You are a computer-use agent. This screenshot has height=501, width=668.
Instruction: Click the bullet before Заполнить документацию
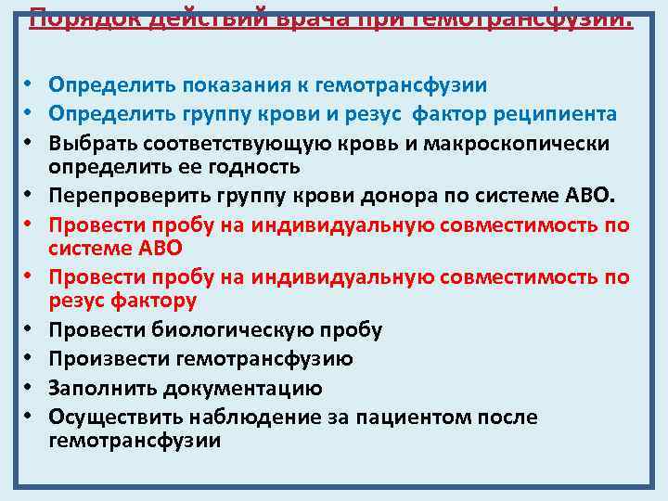tap(30, 388)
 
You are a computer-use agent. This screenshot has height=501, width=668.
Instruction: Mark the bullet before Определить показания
tap(30, 84)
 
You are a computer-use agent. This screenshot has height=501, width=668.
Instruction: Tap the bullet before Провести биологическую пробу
tap(30, 329)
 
